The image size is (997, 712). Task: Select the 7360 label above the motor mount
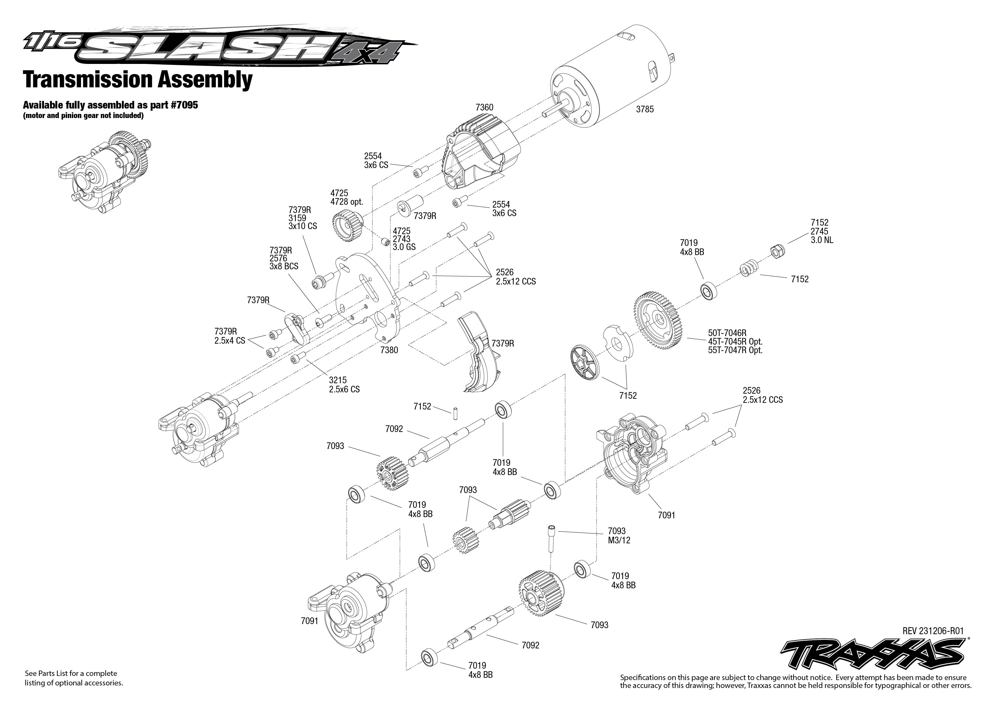484,107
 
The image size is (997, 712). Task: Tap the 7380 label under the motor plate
389,350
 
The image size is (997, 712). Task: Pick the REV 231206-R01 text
932,631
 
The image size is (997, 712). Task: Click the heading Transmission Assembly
138,80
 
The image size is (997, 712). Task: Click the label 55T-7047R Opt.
735,350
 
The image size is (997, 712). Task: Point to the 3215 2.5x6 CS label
344,385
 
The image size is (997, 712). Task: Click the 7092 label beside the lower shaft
530,645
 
